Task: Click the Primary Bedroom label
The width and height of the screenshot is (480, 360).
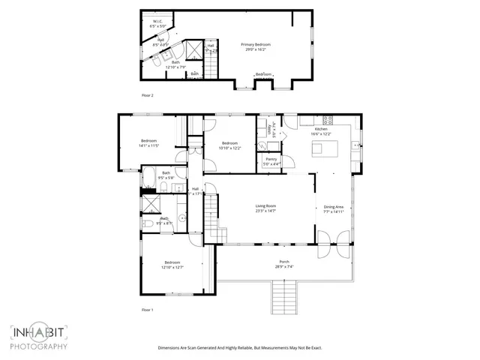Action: [256, 46]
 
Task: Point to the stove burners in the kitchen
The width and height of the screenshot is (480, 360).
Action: [327, 119]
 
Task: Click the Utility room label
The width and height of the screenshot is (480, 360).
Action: [271, 127]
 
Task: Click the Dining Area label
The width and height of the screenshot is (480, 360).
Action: [334, 208]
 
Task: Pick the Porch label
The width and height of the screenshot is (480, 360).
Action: [284, 263]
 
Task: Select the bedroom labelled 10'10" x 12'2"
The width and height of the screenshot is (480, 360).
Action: [229, 145]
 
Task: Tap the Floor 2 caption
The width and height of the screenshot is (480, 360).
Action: [147, 95]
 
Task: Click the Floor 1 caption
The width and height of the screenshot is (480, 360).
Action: [147, 309]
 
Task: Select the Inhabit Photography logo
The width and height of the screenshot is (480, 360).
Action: [39, 337]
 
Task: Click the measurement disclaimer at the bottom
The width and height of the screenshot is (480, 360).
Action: [239, 347]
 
